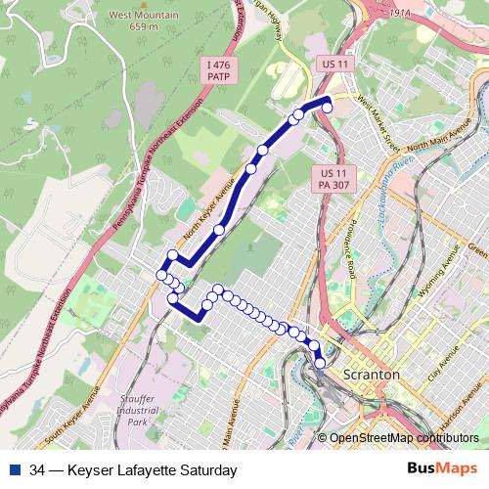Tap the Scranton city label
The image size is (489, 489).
[371, 375]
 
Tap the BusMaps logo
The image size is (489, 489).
[442, 470]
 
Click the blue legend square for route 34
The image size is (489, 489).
[17, 470]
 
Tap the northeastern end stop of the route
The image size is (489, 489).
[328, 108]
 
